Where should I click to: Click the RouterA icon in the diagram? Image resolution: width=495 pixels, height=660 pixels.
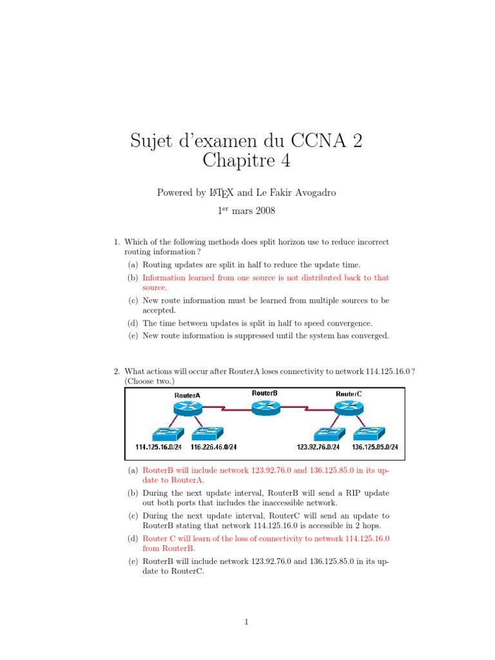(188, 407)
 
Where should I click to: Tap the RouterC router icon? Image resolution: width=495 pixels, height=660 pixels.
(349, 407)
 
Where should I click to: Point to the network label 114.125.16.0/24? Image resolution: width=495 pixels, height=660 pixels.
(158, 447)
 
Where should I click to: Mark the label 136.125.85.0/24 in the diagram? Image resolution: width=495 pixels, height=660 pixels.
(375, 447)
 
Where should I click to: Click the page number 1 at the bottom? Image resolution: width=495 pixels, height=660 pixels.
(247, 622)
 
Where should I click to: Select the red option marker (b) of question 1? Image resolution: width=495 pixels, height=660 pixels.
(132, 278)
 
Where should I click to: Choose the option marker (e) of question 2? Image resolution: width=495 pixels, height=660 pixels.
(132, 561)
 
